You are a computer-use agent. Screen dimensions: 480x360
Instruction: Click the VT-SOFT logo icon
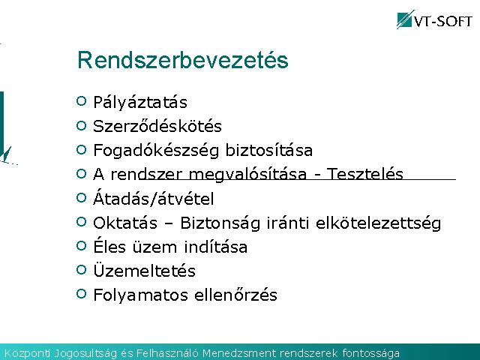click(x=406, y=19)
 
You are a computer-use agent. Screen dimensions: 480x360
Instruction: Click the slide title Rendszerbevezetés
click(x=183, y=60)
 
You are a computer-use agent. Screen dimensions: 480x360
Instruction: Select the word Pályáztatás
click(x=140, y=102)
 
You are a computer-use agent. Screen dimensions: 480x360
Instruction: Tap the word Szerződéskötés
click(x=157, y=126)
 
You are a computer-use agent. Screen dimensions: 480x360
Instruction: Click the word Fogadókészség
click(x=156, y=151)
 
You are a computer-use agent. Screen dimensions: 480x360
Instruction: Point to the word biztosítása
click(x=268, y=150)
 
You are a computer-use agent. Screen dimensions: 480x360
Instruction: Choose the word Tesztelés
click(x=365, y=174)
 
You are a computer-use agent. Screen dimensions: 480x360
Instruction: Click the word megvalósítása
click(x=247, y=175)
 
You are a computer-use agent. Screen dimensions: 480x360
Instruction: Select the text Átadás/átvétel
click(x=153, y=198)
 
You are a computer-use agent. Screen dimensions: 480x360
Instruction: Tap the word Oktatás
click(x=125, y=223)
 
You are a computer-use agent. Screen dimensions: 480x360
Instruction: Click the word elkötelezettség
click(x=378, y=223)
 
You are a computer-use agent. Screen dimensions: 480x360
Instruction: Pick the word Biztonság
click(x=220, y=223)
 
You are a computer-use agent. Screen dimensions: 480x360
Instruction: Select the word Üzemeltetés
click(x=144, y=270)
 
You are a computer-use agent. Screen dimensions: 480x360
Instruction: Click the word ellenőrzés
click(x=235, y=295)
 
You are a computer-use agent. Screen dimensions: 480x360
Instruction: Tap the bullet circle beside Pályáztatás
click(x=82, y=101)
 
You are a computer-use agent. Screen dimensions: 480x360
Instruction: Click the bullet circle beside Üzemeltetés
click(x=82, y=270)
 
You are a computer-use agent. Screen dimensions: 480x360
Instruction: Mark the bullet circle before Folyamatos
click(x=82, y=294)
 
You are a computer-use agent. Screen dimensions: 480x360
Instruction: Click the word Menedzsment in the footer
click(x=238, y=353)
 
